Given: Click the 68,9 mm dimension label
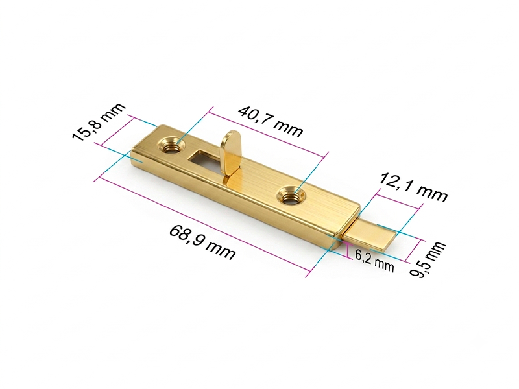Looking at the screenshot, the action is click(x=202, y=242).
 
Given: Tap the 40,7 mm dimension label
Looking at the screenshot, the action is click(x=271, y=121).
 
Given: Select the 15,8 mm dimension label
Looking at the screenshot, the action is click(x=99, y=122).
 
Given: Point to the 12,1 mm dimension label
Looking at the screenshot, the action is click(x=413, y=187).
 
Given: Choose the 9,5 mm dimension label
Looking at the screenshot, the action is click(x=428, y=260).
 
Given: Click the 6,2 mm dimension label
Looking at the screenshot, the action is click(x=375, y=260).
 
